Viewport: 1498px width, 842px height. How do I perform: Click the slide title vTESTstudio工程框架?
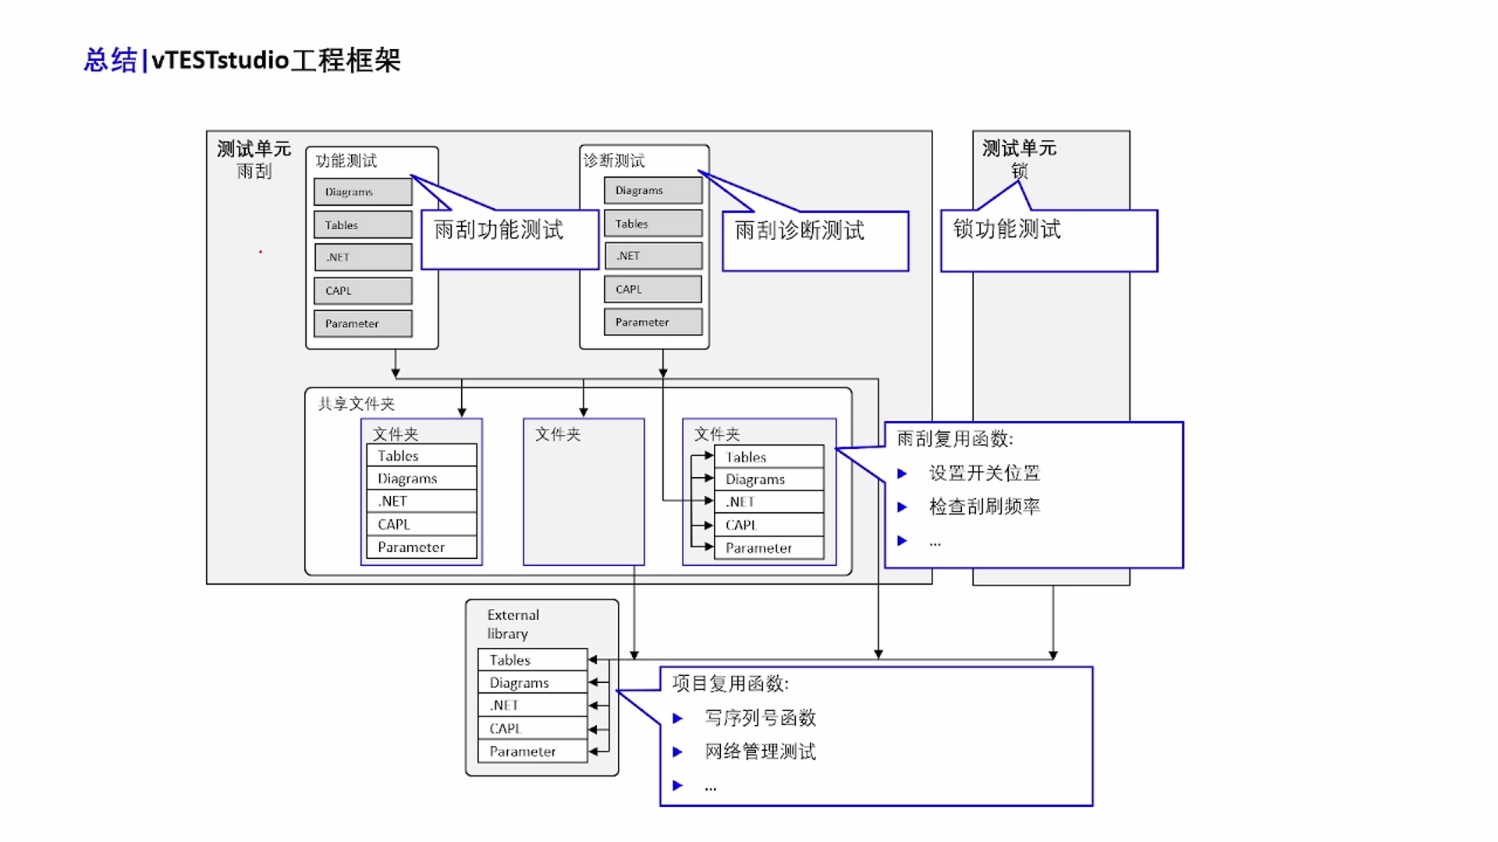(243, 60)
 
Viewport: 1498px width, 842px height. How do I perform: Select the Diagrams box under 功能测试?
(363, 192)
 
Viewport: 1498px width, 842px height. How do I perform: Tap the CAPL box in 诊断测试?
(653, 289)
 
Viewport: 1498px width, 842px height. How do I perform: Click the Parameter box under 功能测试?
(363, 324)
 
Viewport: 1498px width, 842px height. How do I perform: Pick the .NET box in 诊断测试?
(653, 256)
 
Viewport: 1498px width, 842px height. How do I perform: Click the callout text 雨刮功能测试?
(499, 230)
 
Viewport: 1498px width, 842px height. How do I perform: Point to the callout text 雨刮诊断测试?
(800, 231)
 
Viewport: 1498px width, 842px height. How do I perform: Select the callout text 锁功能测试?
(1007, 229)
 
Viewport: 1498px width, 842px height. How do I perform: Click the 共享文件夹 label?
(357, 404)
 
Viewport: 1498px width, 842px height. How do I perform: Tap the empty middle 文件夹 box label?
(558, 434)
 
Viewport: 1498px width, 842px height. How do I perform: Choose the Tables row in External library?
(532, 660)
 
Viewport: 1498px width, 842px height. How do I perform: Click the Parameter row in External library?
(532, 752)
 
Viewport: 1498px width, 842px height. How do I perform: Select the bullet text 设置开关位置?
(985, 473)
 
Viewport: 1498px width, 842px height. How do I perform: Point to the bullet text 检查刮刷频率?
(985, 507)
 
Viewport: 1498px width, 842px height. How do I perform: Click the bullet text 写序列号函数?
(761, 717)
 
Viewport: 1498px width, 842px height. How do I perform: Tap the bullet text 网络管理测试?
(761, 752)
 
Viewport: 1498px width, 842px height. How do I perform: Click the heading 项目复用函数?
(731, 684)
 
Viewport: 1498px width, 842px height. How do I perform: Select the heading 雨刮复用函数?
(955, 439)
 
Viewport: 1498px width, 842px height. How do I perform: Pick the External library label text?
(513, 624)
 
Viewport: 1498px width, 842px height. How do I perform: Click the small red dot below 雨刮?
(261, 252)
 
